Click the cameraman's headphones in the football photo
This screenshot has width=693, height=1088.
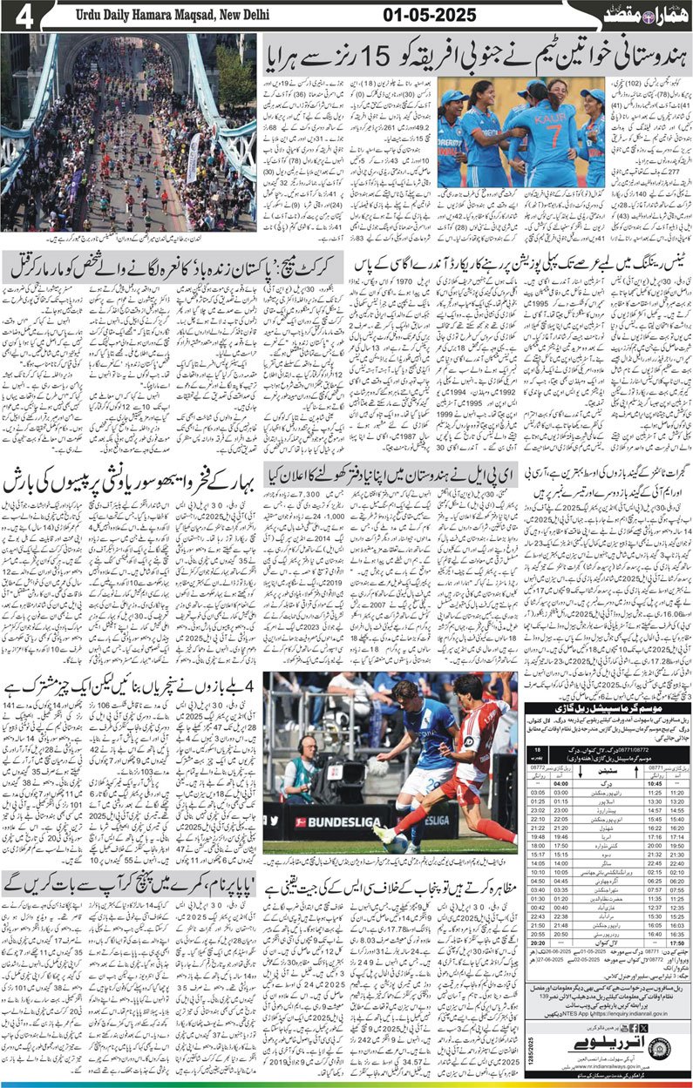point(300,746)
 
